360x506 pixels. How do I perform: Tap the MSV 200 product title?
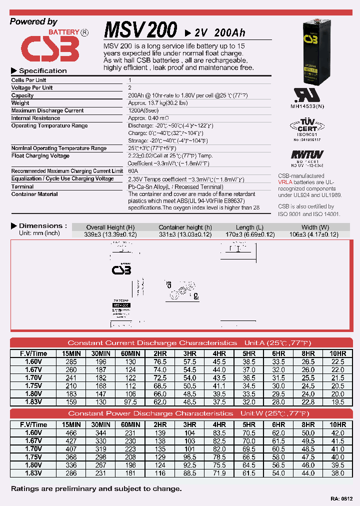(x=140, y=30)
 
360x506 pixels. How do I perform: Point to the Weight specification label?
(x=20, y=103)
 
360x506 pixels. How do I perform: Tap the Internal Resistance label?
(x=35, y=118)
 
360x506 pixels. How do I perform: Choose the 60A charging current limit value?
(x=133, y=171)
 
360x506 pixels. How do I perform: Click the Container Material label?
(x=34, y=194)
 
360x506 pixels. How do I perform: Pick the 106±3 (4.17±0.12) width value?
(x=313, y=234)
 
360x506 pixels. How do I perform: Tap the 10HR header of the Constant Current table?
(x=337, y=353)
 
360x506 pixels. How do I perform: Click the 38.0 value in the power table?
(x=337, y=473)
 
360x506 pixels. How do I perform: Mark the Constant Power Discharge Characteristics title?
(x=150, y=413)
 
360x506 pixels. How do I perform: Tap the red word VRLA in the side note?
(x=285, y=182)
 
